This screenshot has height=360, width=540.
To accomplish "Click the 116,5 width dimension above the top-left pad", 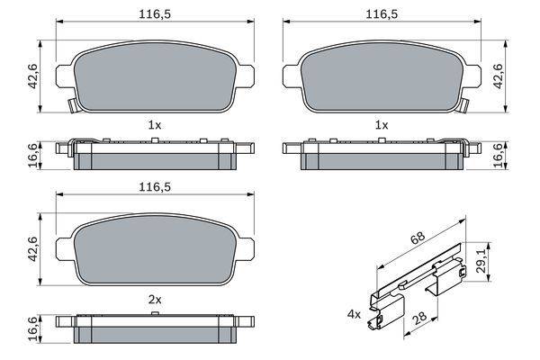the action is pyautogui.click(x=155, y=14).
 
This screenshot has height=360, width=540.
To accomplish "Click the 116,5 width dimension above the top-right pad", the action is pyautogui.click(x=382, y=14).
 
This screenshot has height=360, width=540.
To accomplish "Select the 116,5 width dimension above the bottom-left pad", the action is pyautogui.click(x=155, y=187).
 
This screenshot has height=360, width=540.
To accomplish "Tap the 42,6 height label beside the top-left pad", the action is pyautogui.click(x=33, y=76).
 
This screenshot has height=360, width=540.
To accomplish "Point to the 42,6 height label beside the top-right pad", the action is pyautogui.click(x=499, y=76).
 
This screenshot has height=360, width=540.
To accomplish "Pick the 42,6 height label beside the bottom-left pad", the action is pyautogui.click(x=33, y=249).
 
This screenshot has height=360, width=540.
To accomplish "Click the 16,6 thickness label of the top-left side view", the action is pyautogui.click(x=33, y=156).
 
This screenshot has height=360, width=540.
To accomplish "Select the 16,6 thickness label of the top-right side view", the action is pyautogui.click(x=499, y=156).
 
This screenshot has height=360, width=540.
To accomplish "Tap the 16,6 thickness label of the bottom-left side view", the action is pyautogui.click(x=33, y=329).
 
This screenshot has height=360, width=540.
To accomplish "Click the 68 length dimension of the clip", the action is pyautogui.click(x=418, y=238).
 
